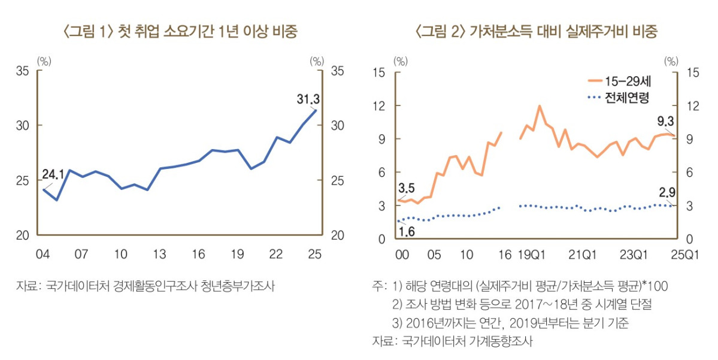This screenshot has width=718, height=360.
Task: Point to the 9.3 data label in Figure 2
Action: [665, 122]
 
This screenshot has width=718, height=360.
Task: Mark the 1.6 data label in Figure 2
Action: [407, 231]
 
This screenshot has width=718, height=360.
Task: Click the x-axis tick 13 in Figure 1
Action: [159, 255]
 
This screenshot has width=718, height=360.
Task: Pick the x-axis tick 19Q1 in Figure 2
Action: [532, 255]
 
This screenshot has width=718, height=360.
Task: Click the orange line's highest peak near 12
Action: [540, 106]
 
